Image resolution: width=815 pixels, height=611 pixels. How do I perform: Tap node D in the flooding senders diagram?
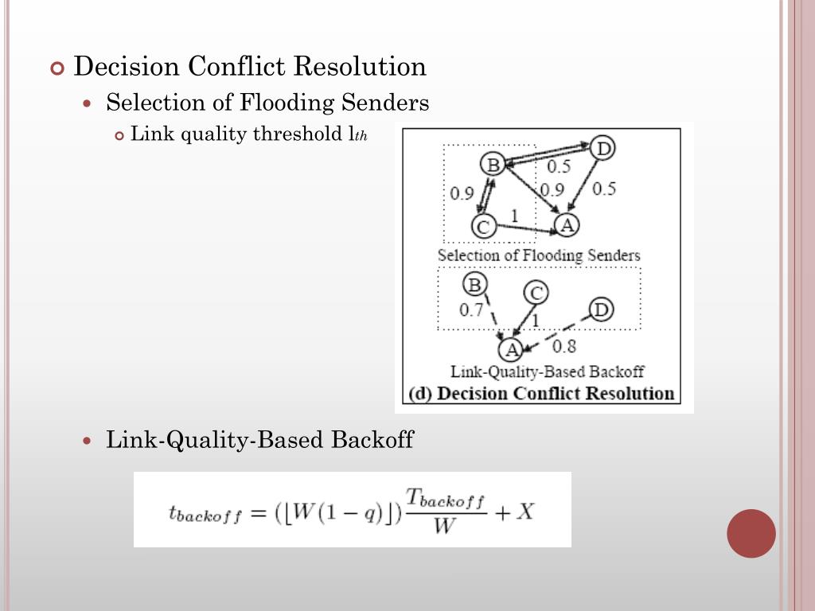tap(604, 148)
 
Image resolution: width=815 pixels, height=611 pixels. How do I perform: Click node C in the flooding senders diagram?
tap(482, 227)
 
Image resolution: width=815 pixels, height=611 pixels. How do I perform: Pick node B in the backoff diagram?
tap(474, 284)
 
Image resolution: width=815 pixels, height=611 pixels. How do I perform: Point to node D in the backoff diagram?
tap(602, 309)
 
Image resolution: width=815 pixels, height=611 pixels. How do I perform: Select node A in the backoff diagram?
tap(510, 348)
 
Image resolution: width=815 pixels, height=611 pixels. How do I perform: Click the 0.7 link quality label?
tap(471, 310)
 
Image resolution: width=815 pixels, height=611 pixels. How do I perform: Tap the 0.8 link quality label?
tap(563, 345)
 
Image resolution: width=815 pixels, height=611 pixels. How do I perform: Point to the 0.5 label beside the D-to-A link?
tap(604, 189)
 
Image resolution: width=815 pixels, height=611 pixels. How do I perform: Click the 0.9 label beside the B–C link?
tap(462, 193)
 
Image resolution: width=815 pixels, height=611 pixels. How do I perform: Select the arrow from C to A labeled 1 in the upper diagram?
tap(525, 230)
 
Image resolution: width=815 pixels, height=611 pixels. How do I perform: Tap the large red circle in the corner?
tap(751, 533)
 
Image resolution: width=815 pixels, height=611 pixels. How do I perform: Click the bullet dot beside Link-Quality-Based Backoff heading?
tap(89, 440)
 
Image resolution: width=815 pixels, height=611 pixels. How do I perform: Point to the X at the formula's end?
tap(524, 512)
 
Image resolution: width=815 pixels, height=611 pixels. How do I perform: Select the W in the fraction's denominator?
tap(443, 527)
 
